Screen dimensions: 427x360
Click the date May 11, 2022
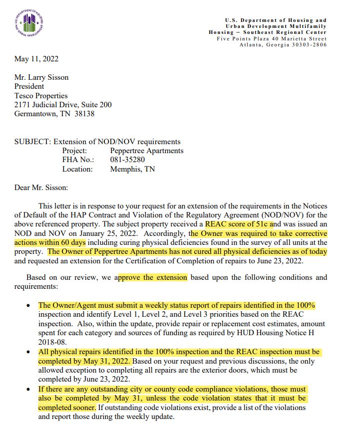point(36,59)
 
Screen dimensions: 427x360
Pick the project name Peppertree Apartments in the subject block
point(147,151)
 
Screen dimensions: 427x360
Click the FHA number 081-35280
point(128,160)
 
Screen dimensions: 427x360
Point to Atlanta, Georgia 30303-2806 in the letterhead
point(283,45)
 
